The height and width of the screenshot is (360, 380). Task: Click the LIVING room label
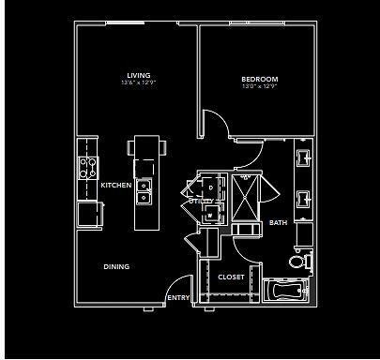point(139,76)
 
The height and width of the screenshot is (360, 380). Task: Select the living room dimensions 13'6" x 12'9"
point(139,84)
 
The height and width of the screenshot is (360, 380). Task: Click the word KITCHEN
point(115,186)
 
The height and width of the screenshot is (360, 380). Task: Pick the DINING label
point(116,267)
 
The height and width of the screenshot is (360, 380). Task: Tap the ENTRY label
point(178,297)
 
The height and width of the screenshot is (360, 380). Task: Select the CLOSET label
point(231,277)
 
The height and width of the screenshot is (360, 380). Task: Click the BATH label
point(279,222)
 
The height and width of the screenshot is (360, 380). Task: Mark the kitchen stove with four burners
point(88,168)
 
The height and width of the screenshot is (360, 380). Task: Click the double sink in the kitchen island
point(144,191)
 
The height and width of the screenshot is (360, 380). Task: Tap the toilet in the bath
point(299,260)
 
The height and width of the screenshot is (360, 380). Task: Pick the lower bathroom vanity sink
point(303,198)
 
